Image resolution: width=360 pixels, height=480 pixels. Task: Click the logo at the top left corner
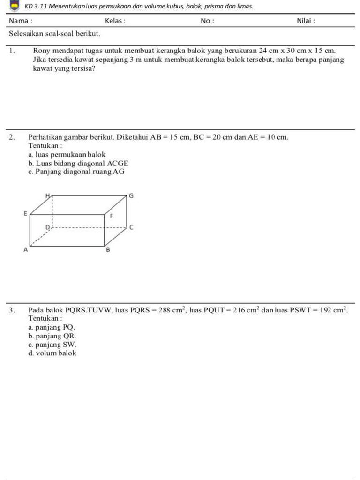pos(14,6)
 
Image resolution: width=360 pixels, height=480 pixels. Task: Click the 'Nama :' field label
pos(21,21)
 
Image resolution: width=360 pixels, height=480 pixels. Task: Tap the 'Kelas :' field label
pos(115,21)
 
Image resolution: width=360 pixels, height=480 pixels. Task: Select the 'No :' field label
pos(207,21)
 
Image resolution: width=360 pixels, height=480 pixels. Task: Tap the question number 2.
pos(13,137)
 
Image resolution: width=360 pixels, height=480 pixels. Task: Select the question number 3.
pos(13,310)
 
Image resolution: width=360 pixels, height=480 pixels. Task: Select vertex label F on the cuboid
pos(111,216)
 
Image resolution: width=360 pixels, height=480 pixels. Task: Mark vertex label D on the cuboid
pos(47,227)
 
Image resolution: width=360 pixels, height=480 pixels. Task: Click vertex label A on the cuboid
pos(26,251)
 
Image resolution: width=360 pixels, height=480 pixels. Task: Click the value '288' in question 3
pos(166,310)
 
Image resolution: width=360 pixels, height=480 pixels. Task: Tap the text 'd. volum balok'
pos(52,353)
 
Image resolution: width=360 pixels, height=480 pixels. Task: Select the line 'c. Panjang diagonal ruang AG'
pos(76,172)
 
